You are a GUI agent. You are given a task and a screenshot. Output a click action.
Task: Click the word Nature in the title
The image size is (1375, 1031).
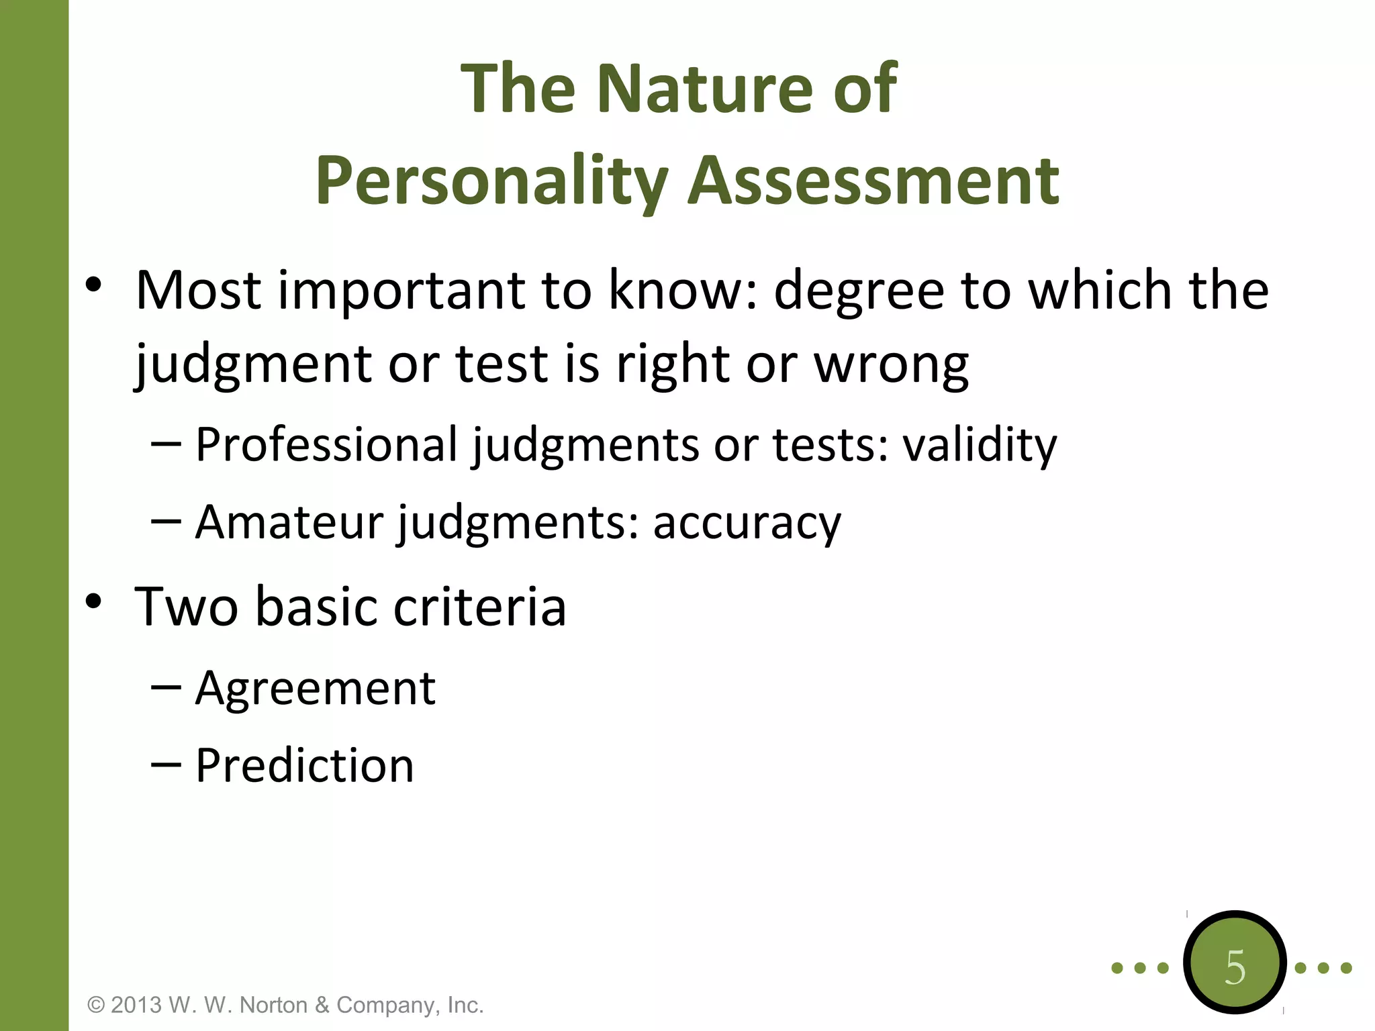point(705,89)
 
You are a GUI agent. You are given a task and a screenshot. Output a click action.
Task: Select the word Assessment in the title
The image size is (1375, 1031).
point(873,181)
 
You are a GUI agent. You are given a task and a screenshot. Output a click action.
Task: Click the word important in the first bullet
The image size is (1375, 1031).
point(401,291)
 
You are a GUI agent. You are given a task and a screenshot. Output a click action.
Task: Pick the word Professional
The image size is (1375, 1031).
point(326,445)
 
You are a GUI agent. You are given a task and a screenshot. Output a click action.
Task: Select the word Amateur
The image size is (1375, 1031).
point(289,522)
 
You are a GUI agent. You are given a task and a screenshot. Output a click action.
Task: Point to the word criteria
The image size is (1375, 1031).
point(479,607)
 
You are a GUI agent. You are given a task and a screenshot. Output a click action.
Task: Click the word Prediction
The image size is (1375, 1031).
point(305,766)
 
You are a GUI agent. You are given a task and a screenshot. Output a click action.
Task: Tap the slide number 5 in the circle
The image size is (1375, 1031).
point(1235,967)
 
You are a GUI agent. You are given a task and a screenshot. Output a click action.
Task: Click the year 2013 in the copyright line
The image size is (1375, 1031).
point(136,1005)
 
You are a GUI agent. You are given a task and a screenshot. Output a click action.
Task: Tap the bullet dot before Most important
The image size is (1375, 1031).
point(93,285)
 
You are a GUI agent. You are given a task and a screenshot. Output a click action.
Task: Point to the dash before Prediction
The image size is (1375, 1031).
point(166,764)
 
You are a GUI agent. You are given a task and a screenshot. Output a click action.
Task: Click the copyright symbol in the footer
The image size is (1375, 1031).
point(97,1005)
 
